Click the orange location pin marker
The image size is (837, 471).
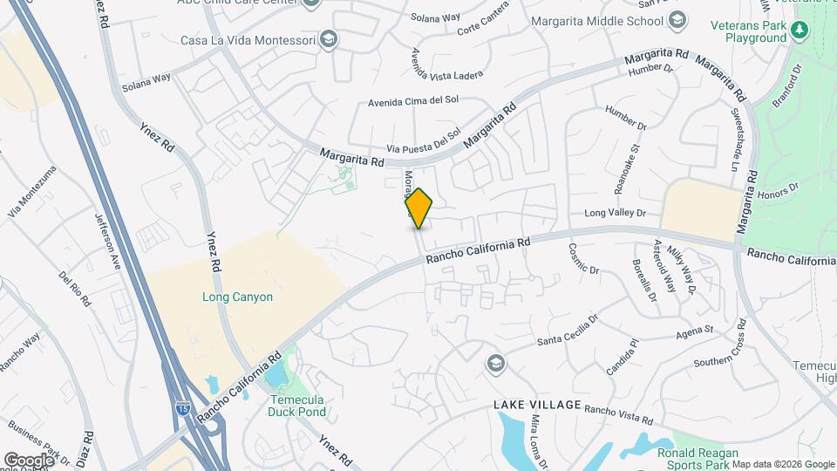[419, 208]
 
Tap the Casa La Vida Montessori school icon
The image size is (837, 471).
[329, 39]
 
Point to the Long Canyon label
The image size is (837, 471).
[232, 297]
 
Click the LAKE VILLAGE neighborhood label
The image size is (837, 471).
[537, 405]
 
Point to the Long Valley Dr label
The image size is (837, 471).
[615, 213]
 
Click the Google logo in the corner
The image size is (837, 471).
[30, 460]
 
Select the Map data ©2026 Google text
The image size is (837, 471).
[784, 464]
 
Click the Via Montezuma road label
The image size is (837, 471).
[27, 201]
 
